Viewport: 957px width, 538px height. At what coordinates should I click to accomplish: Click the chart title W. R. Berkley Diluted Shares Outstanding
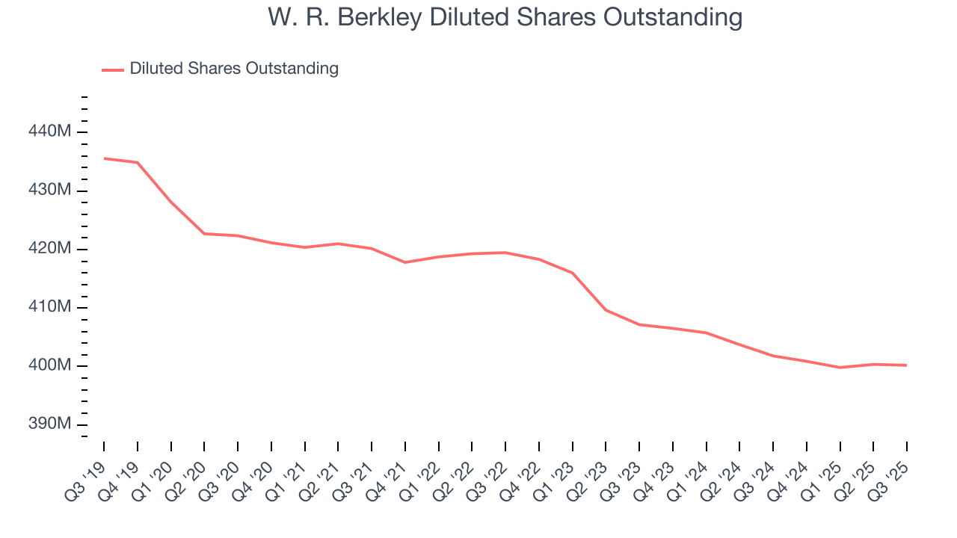[x=505, y=17]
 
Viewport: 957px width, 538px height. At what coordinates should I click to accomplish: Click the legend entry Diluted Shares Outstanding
[x=234, y=69]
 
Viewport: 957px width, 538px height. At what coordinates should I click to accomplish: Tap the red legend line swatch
[x=113, y=69]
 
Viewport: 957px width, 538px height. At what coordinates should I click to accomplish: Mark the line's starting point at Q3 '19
[x=104, y=158]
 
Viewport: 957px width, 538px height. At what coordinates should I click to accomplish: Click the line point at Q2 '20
[x=204, y=234]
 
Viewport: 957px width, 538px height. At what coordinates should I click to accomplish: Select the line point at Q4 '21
[x=405, y=262]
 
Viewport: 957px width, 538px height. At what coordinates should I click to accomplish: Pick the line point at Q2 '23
[x=606, y=310]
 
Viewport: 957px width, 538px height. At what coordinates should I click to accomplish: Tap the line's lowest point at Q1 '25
[x=840, y=368]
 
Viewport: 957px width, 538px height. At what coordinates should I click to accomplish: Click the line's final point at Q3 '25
[x=907, y=365]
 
